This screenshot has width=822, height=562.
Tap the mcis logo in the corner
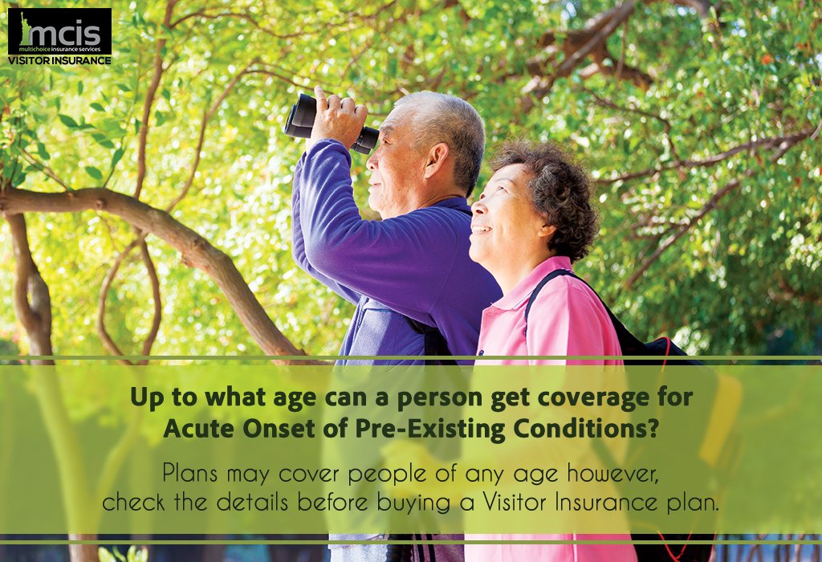click(x=59, y=32)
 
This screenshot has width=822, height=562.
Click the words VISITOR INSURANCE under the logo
click(x=59, y=60)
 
